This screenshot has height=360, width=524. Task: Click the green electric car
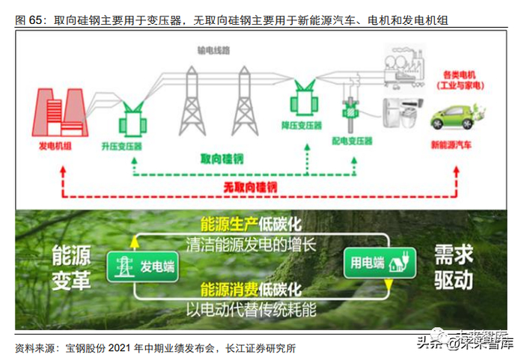[453, 118]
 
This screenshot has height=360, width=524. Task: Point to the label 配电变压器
[352, 140]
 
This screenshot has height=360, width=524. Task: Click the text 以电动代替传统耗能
[251, 308]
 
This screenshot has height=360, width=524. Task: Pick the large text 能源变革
[72, 268]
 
